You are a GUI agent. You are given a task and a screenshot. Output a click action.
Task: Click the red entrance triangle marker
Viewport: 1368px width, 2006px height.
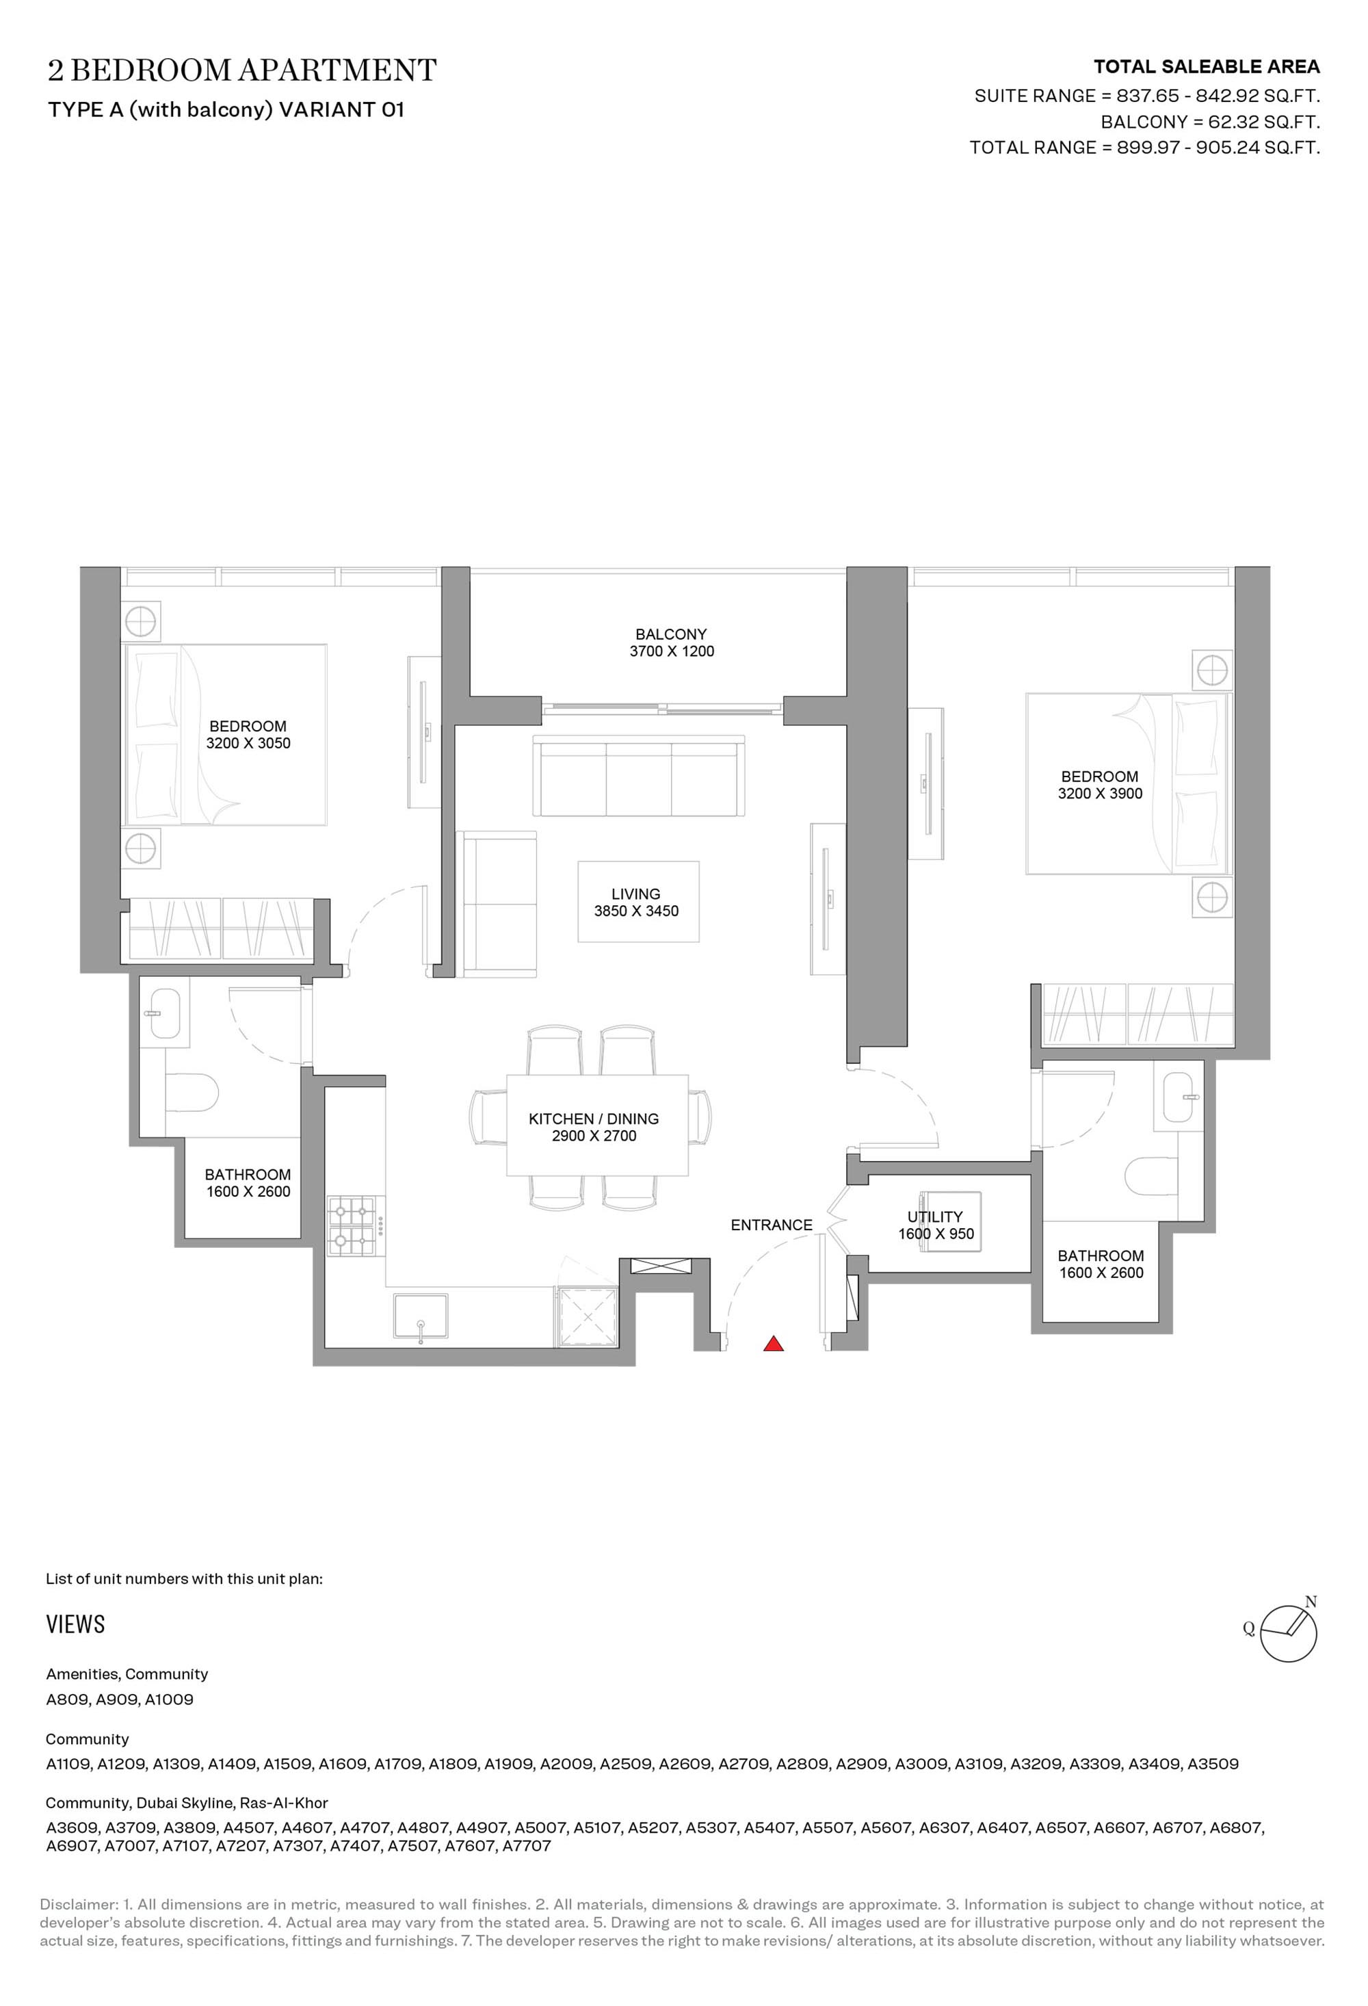[774, 1343]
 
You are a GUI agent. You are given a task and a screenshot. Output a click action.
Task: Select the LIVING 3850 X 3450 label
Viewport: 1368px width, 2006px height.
[636, 902]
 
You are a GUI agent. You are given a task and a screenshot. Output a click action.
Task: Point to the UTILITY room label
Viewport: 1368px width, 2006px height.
[935, 1217]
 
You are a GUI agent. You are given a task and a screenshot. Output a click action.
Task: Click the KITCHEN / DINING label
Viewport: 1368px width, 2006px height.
[594, 1119]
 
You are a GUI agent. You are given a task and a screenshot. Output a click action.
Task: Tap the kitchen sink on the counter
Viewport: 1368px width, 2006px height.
[421, 1317]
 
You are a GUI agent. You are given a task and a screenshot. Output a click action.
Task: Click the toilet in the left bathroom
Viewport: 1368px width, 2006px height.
[191, 1093]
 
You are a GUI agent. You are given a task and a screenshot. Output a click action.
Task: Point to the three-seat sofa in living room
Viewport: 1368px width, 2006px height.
[639, 776]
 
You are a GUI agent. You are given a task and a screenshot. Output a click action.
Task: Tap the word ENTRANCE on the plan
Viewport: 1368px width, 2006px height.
[772, 1225]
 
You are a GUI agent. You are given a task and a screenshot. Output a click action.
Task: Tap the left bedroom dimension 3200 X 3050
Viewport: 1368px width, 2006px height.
[248, 743]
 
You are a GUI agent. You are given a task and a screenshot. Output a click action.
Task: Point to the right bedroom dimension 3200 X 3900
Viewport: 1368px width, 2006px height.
[1100, 793]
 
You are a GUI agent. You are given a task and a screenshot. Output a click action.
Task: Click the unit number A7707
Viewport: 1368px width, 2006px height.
[527, 1847]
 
